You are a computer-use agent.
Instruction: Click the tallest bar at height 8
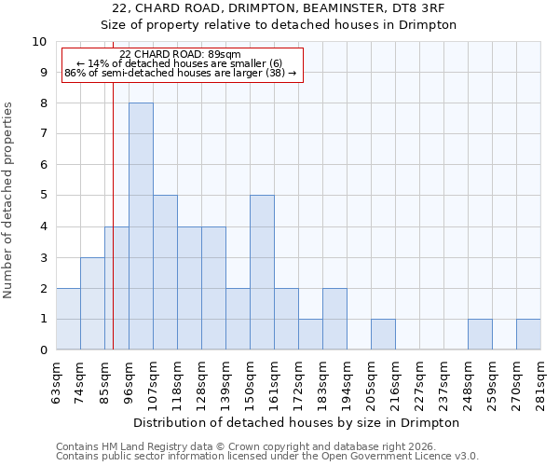pos(141,226)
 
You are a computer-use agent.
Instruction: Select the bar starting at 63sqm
pos(68,319)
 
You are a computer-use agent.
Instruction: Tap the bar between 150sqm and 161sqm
pos(262,272)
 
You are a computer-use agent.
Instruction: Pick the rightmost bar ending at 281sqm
pos(528,335)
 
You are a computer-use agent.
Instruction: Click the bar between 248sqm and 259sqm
pos(480,335)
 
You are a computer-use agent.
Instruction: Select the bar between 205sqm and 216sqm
pos(383,335)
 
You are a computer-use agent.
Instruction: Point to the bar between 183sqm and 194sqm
pos(334,319)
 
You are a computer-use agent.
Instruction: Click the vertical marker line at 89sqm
pos(113,214)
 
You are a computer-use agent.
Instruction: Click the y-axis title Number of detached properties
pos(9,200)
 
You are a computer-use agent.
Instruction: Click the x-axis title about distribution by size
pos(297,422)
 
